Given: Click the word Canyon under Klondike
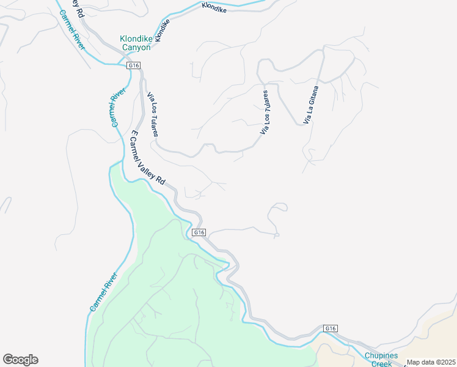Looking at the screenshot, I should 135,47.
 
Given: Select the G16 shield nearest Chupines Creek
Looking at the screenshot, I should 330,328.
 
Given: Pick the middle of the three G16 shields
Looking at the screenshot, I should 199,232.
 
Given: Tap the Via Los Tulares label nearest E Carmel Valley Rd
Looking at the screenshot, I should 153,114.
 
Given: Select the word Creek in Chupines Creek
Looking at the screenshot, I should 382,363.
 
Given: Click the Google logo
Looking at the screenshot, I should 20,360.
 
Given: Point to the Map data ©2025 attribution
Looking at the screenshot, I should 431,362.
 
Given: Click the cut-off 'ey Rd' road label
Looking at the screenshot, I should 77,9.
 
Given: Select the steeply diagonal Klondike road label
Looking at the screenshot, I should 161,31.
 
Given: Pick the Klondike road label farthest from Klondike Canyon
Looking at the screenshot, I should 214,9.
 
